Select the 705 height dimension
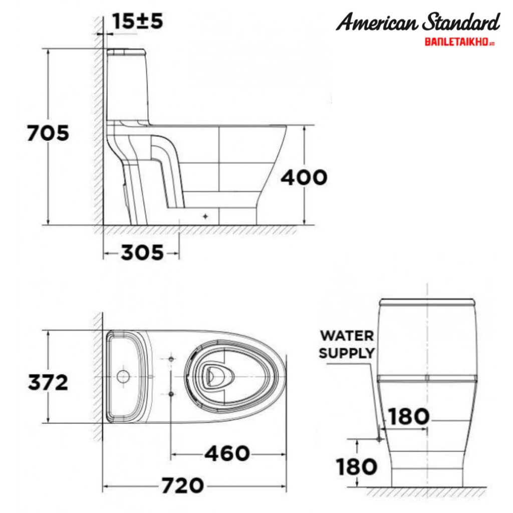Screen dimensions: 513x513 (x=48, y=134)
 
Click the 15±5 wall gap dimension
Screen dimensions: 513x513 (x=137, y=22)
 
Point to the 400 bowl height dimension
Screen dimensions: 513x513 (x=304, y=177)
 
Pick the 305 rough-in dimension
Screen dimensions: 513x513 (x=142, y=253)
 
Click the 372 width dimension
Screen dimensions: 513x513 (x=48, y=383)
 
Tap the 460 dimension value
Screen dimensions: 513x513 (x=227, y=453)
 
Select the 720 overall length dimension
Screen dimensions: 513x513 (x=182, y=485)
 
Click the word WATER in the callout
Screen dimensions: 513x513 (x=347, y=335)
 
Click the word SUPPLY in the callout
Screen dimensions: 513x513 (x=347, y=353)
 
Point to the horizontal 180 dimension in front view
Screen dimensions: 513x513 (x=409, y=416)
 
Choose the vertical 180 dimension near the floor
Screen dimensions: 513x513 (x=357, y=467)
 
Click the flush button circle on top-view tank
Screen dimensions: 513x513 (x=122, y=376)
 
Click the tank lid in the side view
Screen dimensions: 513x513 (x=126, y=51)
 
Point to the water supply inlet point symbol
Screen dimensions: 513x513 (x=379, y=439)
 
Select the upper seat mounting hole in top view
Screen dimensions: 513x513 (x=171, y=360)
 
